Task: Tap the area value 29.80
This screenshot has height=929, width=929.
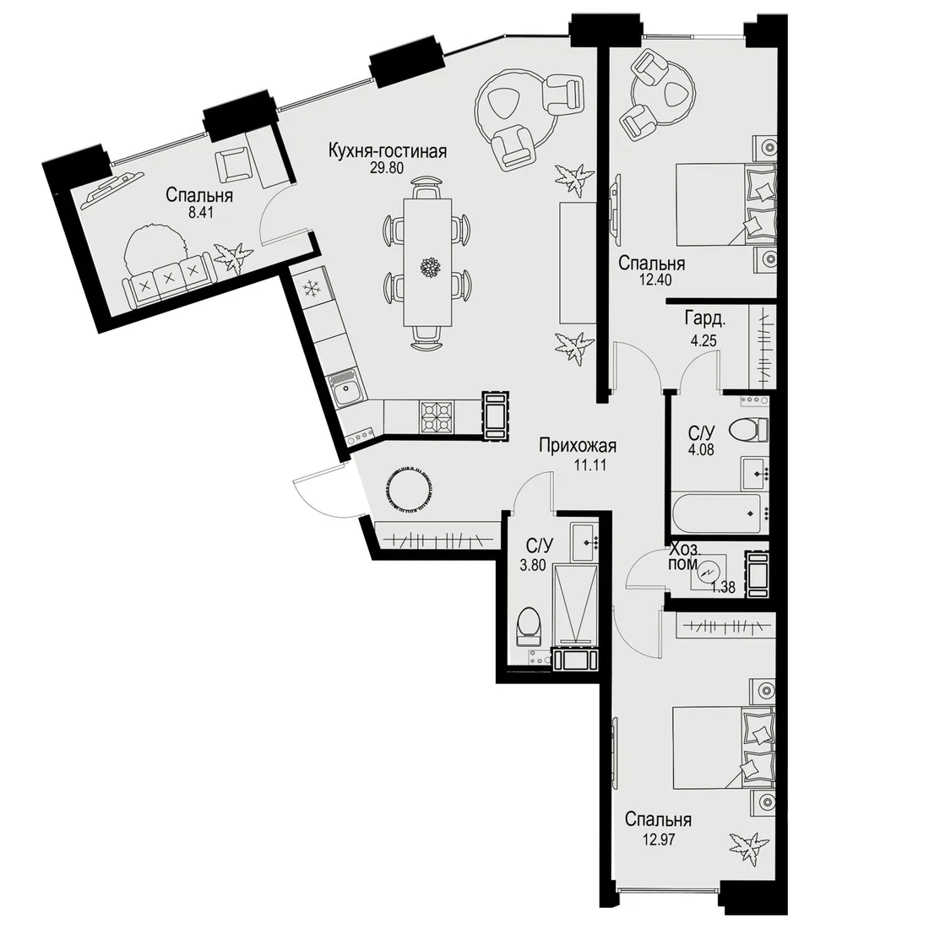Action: tap(386, 168)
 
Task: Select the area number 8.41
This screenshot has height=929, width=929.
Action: tap(200, 212)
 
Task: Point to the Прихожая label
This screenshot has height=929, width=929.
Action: tap(579, 445)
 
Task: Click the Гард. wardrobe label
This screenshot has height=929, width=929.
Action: tap(705, 319)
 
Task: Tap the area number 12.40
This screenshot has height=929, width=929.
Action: tap(654, 280)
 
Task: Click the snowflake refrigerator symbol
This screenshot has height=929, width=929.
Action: tap(311, 289)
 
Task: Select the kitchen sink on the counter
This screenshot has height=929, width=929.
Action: tap(345, 390)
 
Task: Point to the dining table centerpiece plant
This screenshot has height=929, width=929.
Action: tap(428, 267)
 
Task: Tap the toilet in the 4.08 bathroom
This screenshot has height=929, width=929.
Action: tap(749, 429)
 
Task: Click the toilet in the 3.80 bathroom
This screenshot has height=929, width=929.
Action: tap(529, 628)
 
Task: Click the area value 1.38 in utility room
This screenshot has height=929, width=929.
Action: tap(724, 587)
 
